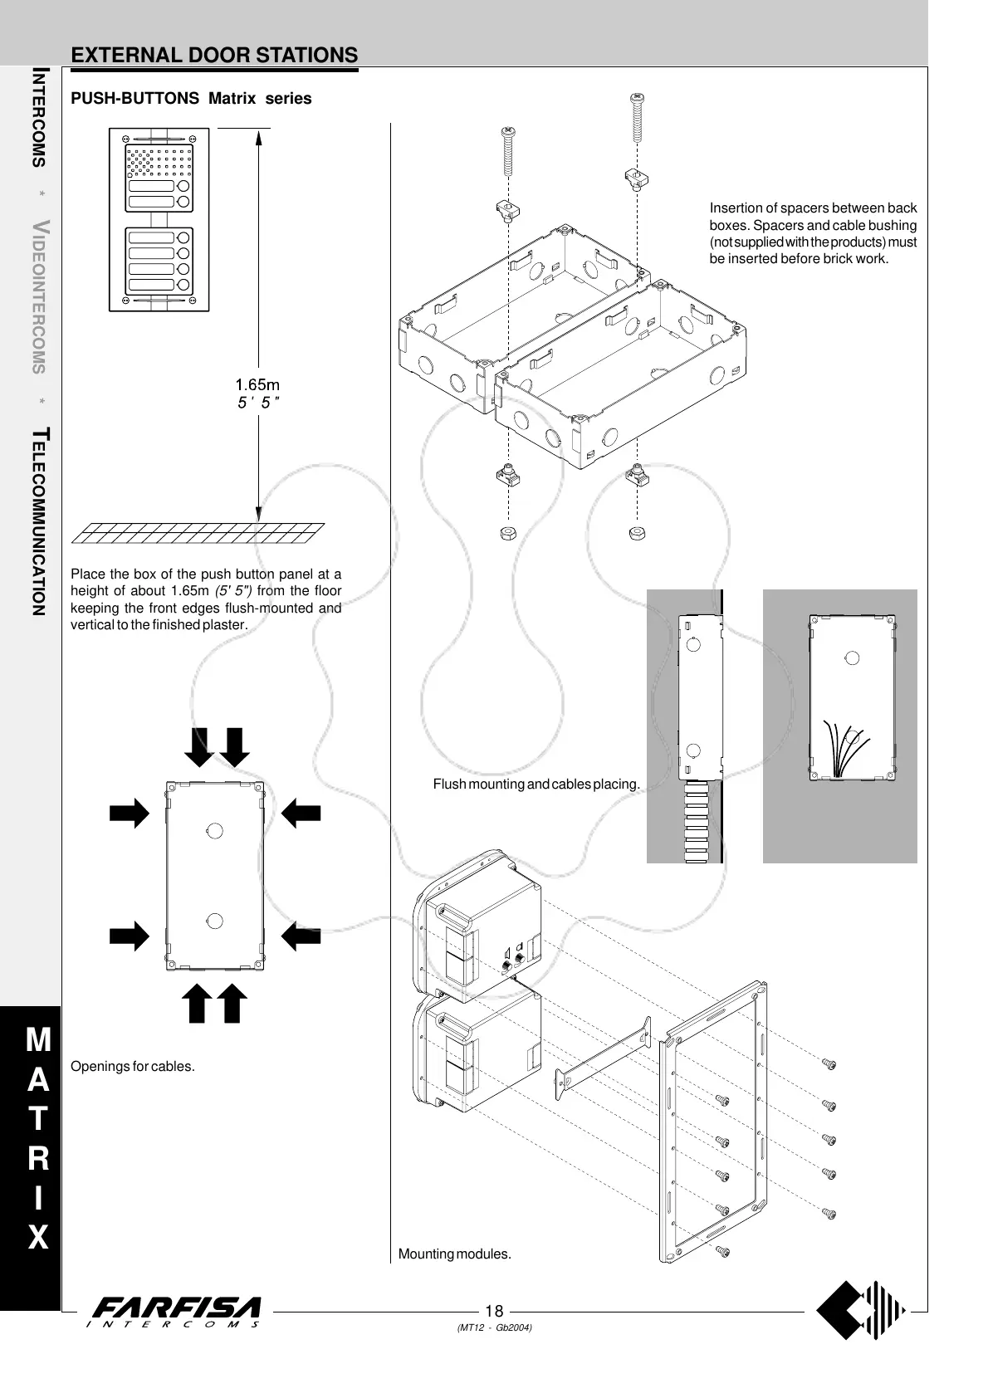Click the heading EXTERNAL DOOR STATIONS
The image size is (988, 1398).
coord(214,56)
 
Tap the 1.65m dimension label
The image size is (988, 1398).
coord(257,385)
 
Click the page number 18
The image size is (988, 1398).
coord(494,1311)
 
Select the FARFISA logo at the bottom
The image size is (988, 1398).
coord(176,1312)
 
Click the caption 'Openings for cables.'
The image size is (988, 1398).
coord(133,1066)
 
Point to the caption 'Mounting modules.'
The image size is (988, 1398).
coord(455,1254)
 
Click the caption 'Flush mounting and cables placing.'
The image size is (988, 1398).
coord(536,784)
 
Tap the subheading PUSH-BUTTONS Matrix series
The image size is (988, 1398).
coord(191,99)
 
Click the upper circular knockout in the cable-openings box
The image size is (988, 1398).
coord(213,830)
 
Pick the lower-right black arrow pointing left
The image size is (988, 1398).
coord(301,936)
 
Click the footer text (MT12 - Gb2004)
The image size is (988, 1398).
coord(494,1327)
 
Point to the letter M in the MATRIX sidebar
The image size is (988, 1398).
coord(38,1039)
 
